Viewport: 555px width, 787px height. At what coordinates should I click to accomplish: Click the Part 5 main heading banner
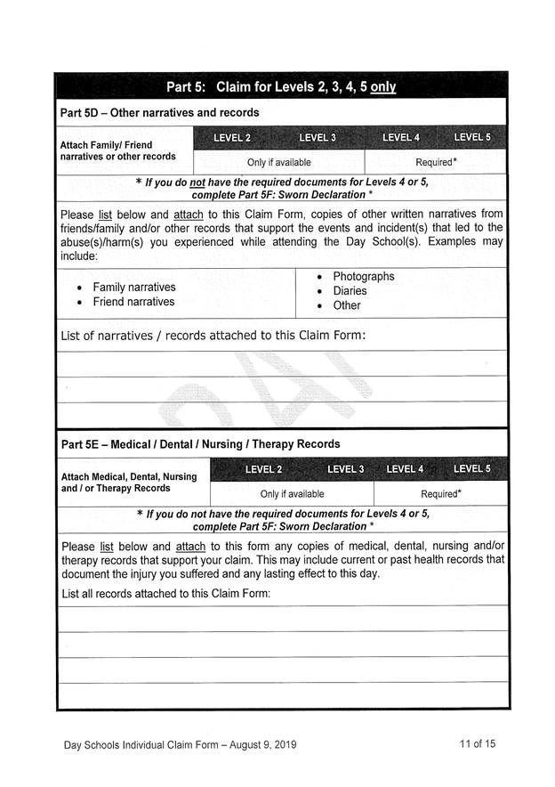point(281,87)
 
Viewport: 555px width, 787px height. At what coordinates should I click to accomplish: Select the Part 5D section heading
point(159,113)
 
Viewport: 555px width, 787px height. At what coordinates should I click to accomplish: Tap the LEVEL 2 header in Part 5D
point(232,138)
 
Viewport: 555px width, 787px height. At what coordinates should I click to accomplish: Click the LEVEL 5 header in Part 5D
point(472,138)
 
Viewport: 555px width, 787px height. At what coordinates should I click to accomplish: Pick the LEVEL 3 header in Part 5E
point(345,469)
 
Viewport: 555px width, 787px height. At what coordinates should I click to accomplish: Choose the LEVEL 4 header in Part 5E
point(405,469)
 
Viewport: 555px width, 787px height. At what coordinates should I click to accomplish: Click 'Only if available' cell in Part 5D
point(278,163)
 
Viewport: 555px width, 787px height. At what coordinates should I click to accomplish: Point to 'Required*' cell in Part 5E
point(441,494)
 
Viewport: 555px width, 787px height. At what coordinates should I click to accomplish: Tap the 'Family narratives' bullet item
point(133,288)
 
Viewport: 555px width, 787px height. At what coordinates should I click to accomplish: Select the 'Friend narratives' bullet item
point(133,302)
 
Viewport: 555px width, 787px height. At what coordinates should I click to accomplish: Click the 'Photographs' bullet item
point(363,277)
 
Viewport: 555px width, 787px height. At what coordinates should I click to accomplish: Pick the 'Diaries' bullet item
point(350,291)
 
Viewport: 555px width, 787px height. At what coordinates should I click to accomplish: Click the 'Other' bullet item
point(347,305)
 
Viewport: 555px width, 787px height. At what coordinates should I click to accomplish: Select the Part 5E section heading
point(200,444)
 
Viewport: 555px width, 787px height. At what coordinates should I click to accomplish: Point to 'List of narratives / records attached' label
point(213,336)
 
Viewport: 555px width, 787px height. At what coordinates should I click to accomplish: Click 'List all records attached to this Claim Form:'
point(165,593)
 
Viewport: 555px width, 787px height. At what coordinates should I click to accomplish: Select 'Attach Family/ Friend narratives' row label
point(117,150)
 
